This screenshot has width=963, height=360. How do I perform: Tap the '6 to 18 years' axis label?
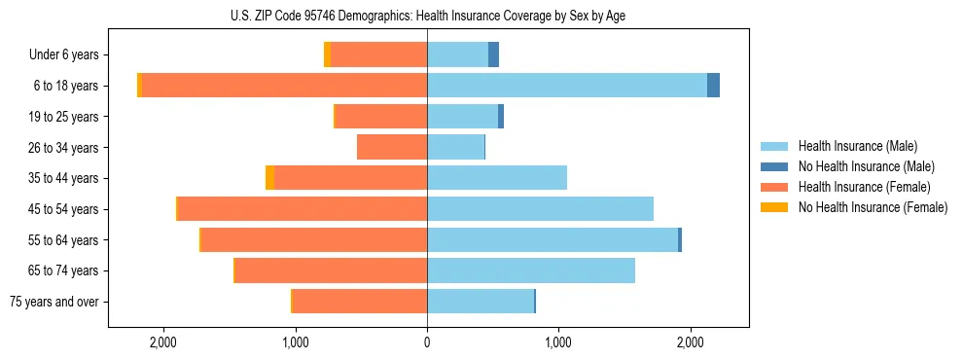click(x=65, y=86)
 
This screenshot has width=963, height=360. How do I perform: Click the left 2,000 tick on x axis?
click(x=162, y=342)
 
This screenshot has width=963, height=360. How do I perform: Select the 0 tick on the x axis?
click(x=427, y=342)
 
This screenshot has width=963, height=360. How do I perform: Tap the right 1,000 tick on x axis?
click(x=558, y=342)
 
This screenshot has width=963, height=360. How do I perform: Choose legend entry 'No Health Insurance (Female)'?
click(x=873, y=207)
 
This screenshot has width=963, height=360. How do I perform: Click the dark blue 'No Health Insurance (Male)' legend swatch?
click(x=774, y=166)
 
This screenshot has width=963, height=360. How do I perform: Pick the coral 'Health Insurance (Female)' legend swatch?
click(x=774, y=187)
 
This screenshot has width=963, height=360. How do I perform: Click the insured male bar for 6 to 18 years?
click(x=566, y=86)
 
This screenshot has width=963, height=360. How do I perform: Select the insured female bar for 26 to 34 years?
click(x=392, y=147)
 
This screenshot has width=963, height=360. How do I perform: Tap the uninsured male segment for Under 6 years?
click(x=493, y=54)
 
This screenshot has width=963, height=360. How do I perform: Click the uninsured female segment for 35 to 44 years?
click(x=269, y=178)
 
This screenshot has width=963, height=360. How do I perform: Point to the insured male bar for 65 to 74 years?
click(x=531, y=270)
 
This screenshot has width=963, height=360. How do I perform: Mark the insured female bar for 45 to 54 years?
click(x=303, y=209)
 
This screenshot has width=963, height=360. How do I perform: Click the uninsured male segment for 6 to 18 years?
click(x=713, y=86)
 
